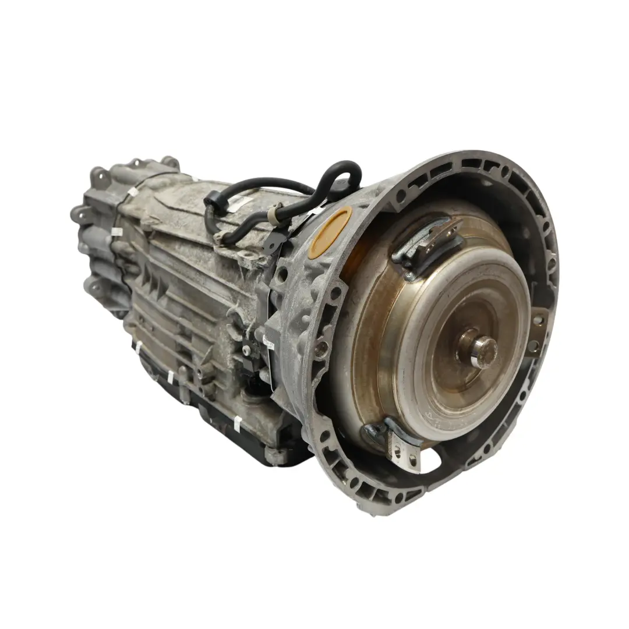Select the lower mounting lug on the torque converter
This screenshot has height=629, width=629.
(x=396, y=445)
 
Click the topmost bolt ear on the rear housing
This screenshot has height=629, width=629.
(x=169, y=161)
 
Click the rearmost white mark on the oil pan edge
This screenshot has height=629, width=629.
(x=139, y=347)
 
